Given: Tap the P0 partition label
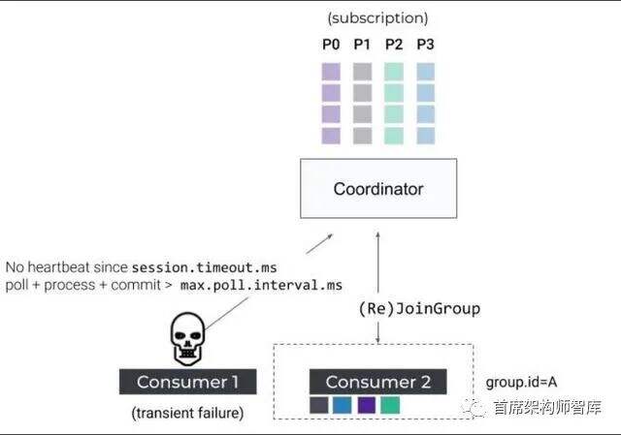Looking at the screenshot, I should (331, 45).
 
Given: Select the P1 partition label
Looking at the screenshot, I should (362, 45).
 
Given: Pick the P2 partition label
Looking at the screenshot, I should (393, 45).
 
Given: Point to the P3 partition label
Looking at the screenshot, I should (424, 45).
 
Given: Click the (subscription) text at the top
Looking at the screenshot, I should (377, 17).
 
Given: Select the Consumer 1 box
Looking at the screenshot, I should (188, 382).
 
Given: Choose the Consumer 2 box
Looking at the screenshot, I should (378, 382).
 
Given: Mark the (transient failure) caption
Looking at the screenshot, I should (188, 414).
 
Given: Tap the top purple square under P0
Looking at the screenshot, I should (331, 72).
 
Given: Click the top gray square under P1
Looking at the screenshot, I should (362, 72).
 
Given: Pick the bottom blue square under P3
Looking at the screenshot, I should (424, 136).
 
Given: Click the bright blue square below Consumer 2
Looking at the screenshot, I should (343, 406).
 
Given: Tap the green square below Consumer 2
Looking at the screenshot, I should (389, 406).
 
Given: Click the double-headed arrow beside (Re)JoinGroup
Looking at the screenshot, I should (377, 291).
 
